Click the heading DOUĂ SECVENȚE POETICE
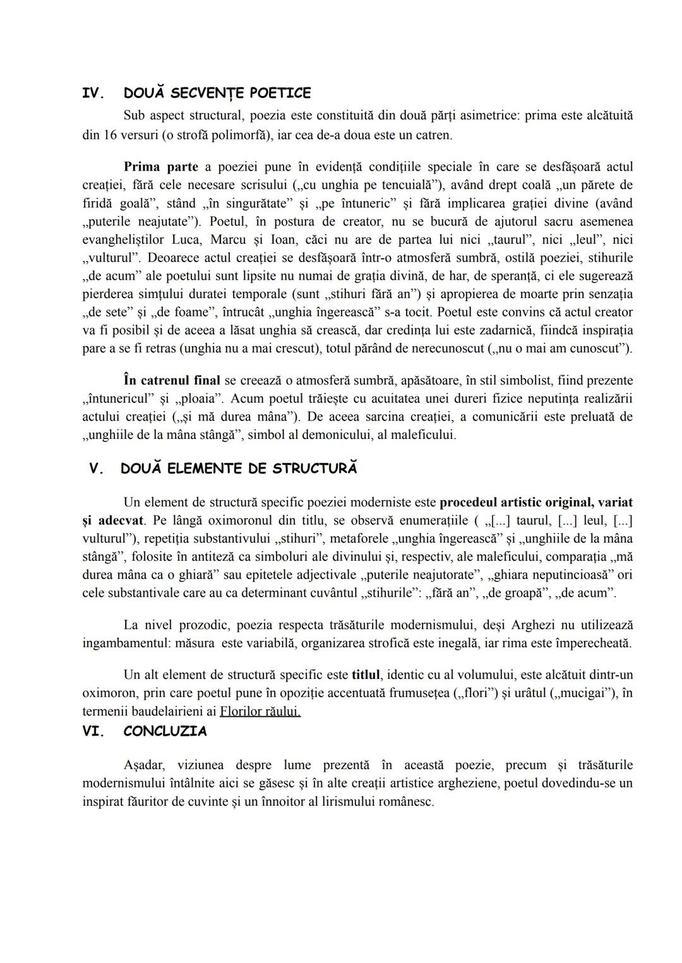[x=217, y=93]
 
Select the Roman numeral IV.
[x=93, y=93]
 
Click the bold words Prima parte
[x=160, y=167]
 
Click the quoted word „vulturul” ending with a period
[x=107, y=258]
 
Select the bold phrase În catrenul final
[x=172, y=381]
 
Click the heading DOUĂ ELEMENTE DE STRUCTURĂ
[x=238, y=469]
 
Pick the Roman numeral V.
[x=95, y=469]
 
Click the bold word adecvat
[x=121, y=521]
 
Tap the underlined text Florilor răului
[x=260, y=712]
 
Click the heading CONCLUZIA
[x=165, y=731]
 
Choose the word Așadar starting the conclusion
[x=144, y=765]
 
